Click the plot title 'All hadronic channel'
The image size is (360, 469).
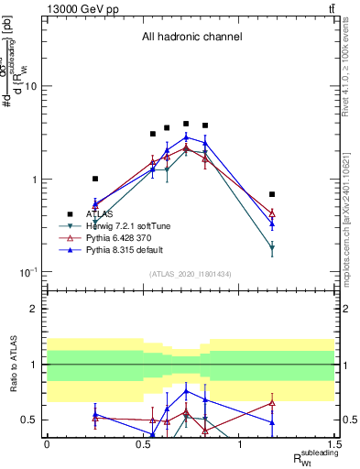[191, 38]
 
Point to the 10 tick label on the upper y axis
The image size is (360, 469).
[32, 86]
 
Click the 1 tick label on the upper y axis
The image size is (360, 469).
[35, 180]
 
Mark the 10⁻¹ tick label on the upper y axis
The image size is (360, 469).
[30, 272]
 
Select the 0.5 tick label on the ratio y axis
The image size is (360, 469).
[31, 420]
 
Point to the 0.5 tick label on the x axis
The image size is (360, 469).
[142, 442]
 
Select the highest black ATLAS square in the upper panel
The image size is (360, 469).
[186, 124]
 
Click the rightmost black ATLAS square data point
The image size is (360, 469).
[272, 194]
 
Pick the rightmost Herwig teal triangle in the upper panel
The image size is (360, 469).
[272, 248]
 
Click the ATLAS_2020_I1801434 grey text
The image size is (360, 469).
[191, 275]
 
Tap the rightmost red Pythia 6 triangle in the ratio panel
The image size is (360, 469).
[272, 402]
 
